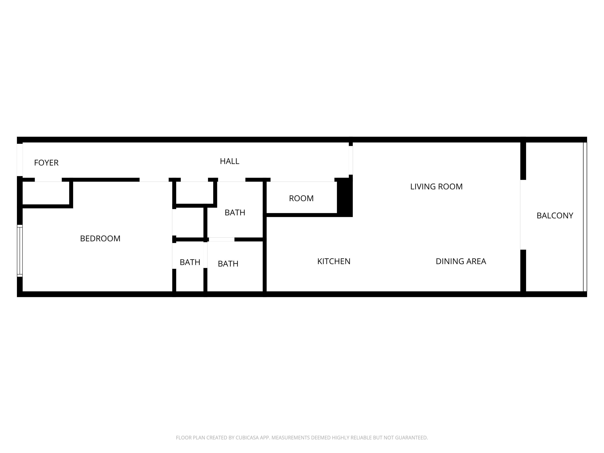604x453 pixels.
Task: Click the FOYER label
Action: pos(46,163)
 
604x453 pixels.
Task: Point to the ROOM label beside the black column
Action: pos(301,198)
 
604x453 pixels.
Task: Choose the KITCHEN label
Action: pos(334,261)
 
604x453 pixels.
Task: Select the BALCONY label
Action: pos(555,216)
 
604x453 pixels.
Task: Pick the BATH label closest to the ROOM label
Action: pos(235,212)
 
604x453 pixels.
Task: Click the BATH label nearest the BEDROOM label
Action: pos(190,262)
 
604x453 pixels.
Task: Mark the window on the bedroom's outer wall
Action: pos(20,251)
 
